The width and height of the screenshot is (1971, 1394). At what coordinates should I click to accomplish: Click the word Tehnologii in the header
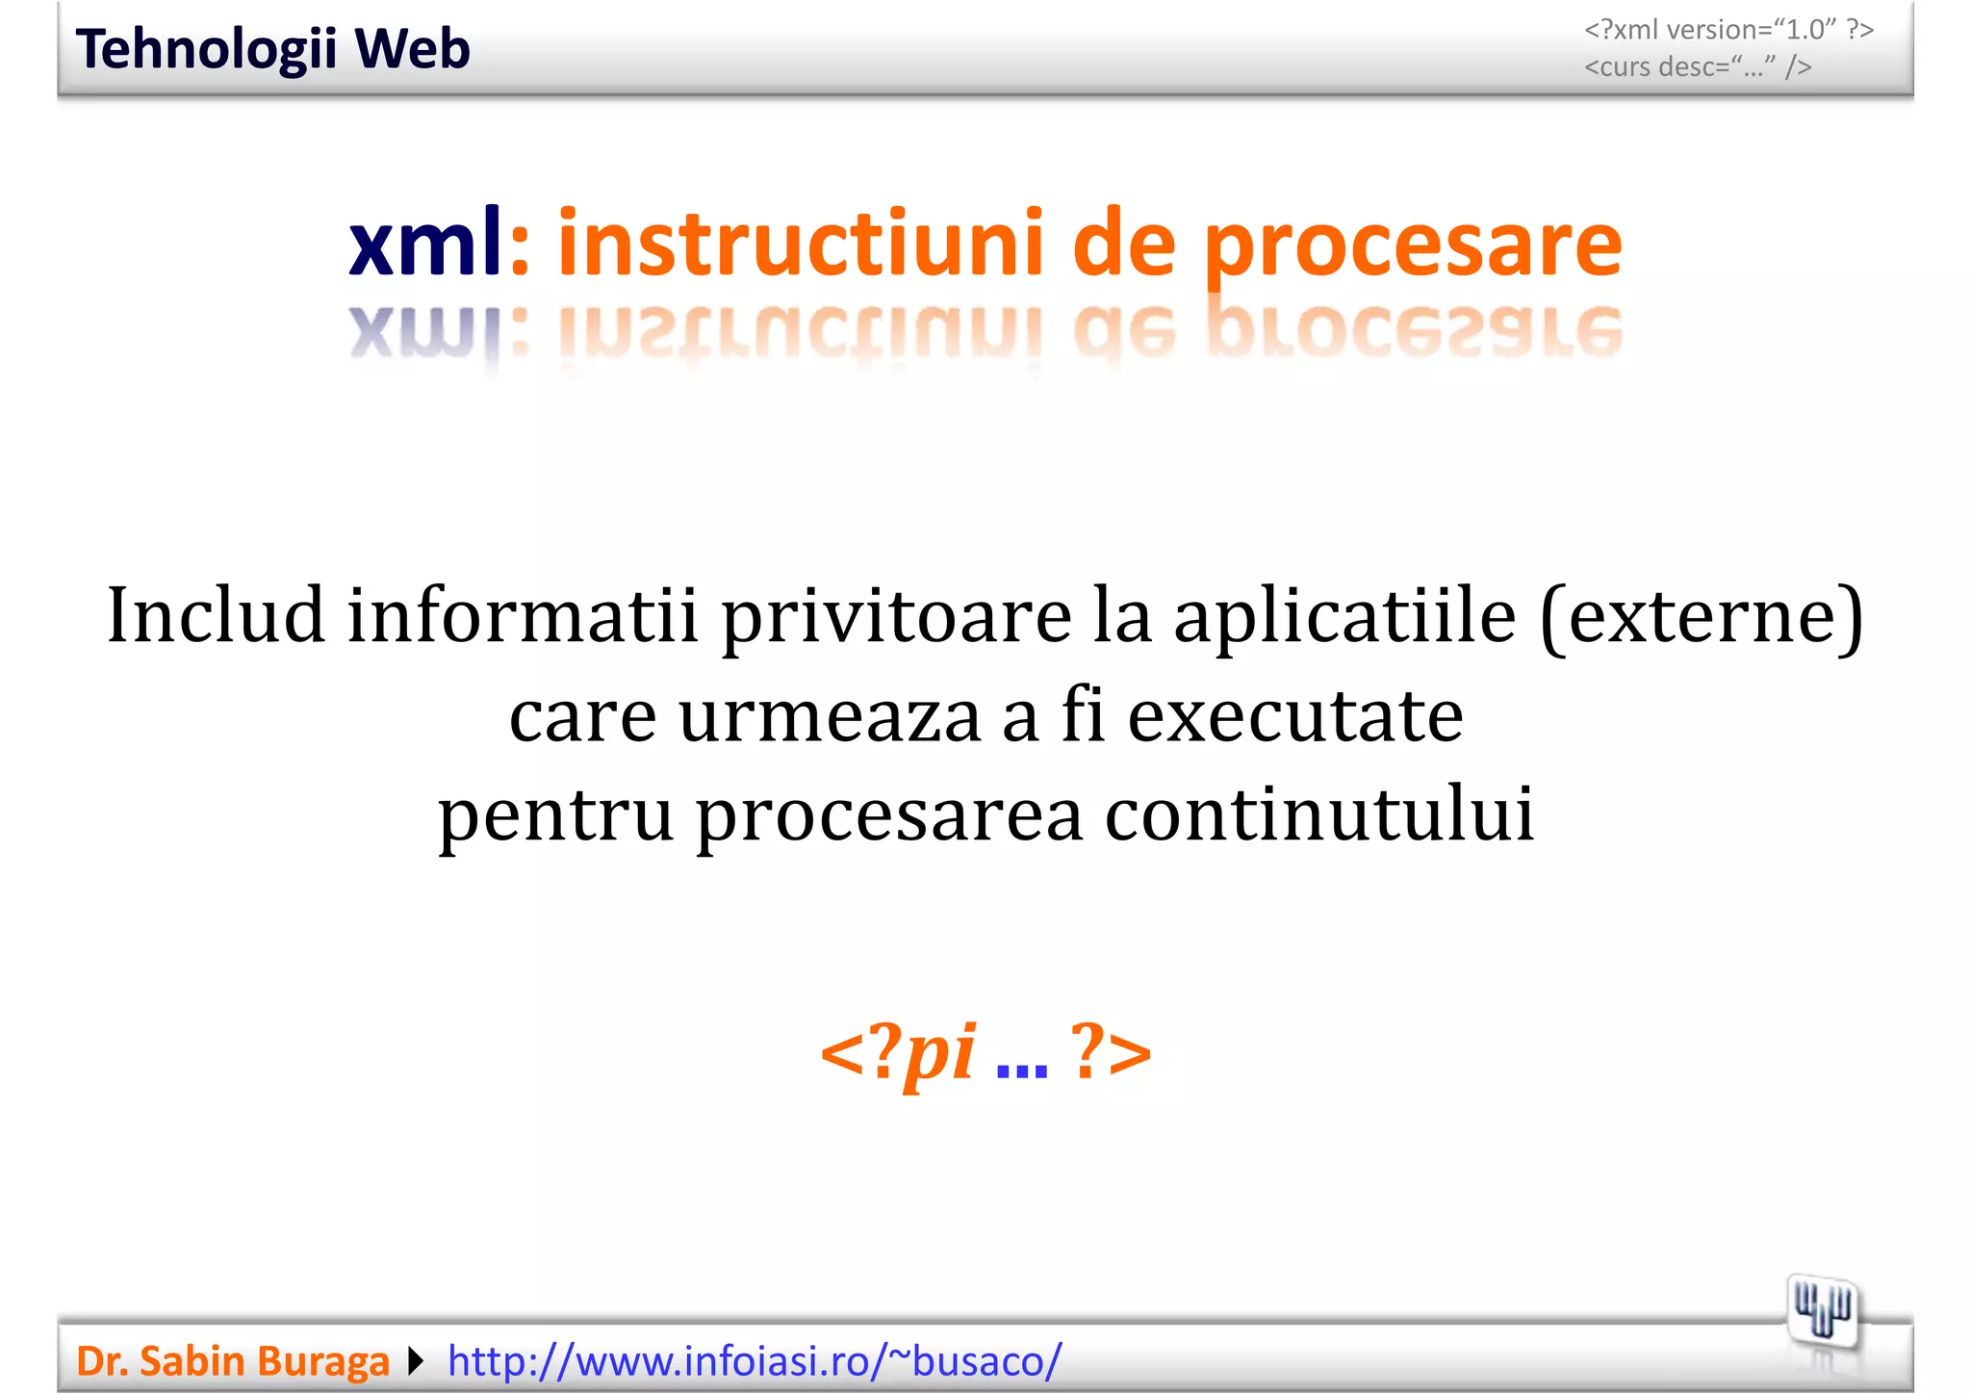click(205, 50)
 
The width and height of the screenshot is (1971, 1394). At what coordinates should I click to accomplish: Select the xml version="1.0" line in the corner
click(1728, 30)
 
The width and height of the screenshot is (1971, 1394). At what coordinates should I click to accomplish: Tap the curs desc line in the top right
click(1698, 67)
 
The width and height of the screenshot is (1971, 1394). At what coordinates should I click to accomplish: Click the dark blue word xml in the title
click(424, 244)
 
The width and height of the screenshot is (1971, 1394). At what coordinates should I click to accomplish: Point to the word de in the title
click(1123, 244)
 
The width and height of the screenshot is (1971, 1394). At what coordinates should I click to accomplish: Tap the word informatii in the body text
click(522, 616)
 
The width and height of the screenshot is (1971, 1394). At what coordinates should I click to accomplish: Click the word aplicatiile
click(1344, 616)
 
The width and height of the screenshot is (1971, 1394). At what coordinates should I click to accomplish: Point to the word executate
click(1295, 717)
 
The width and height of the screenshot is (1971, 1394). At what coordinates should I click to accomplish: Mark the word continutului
click(1318, 814)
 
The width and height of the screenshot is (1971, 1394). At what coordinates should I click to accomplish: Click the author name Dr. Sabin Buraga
click(232, 1361)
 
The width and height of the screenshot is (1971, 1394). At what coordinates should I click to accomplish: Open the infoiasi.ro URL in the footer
click(755, 1361)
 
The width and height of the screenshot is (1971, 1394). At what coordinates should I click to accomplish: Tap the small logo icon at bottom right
click(1822, 1311)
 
